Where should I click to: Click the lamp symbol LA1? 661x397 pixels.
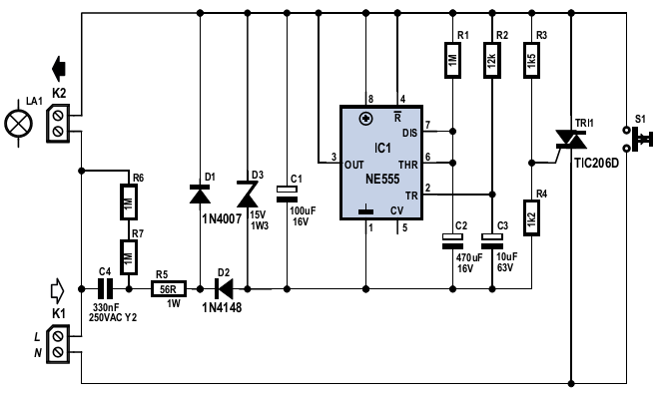(18, 124)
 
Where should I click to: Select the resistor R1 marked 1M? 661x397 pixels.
(452, 60)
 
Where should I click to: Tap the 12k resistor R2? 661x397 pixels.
(492, 60)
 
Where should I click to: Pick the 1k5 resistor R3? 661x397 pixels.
(531, 60)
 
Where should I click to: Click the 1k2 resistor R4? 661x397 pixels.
(531, 217)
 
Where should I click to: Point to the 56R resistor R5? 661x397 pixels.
(169, 289)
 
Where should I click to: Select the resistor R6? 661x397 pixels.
(129, 201)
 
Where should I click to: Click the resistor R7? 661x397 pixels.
(129, 257)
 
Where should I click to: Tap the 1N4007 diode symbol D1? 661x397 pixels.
(200, 195)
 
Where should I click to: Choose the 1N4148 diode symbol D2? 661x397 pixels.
(223, 289)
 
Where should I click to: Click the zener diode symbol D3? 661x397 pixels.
(248, 194)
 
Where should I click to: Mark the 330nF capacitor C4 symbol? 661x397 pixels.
(106, 289)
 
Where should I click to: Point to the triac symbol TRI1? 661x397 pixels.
(571, 140)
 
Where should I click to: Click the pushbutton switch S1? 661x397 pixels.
(637, 138)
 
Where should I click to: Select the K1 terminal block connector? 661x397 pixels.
(59, 343)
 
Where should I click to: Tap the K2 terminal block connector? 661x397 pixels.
(59, 123)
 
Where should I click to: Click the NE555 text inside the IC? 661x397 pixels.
(382, 179)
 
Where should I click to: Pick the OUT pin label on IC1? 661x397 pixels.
(354, 165)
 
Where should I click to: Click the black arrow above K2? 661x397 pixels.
(59, 68)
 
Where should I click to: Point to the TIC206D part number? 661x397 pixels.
(596, 164)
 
